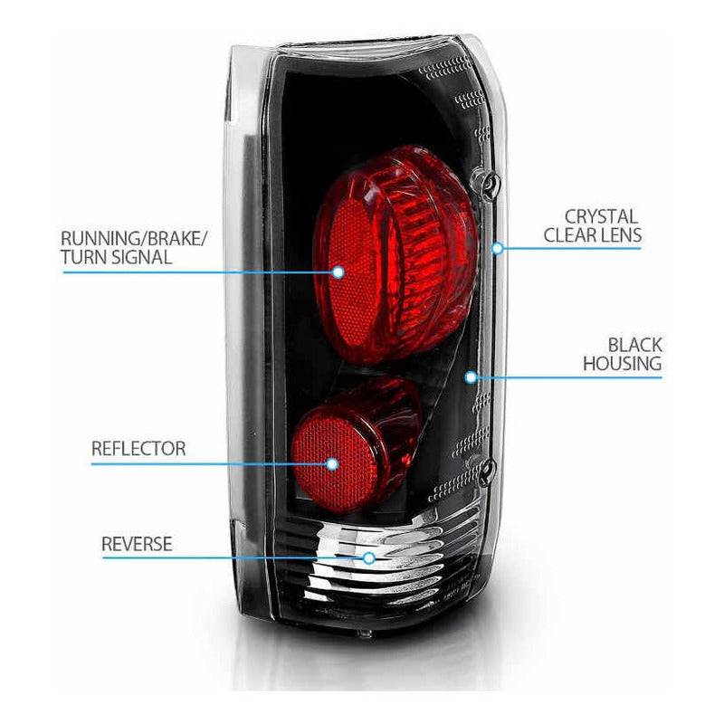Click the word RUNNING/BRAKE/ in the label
[134, 239]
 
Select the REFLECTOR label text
[138, 449]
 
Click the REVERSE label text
[137, 544]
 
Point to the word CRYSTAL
[601, 217]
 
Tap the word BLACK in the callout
[634, 345]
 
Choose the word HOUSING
[622, 364]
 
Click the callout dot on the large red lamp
[338, 271]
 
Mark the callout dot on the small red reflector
[332, 464]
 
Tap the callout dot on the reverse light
[368, 558]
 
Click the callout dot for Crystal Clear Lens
[497, 246]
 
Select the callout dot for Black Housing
[470, 376]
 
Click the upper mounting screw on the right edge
[489, 186]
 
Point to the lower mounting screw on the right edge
[488, 469]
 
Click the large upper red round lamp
[398, 253]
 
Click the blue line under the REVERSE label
[226, 557]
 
